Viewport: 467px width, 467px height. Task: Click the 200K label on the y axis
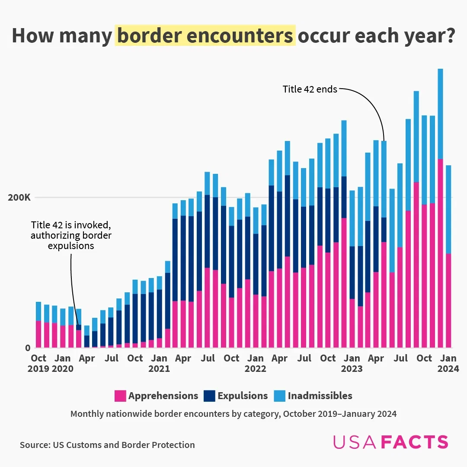point(20,198)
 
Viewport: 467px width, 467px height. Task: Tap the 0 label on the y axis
point(27,348)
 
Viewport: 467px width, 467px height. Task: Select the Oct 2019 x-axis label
point(38,363)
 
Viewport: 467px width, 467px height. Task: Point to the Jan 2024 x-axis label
point(448,363)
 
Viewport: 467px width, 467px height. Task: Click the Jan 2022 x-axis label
point(255,363)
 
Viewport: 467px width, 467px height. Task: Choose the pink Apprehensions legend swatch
point(120,396)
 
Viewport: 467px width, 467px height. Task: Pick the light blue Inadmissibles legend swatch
point(279,396)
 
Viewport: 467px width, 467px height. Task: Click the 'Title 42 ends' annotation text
point(310,90)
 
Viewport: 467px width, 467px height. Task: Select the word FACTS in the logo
point(416,442)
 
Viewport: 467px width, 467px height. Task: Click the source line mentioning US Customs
point(107,445)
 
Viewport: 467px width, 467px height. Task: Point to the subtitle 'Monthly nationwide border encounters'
point(233,414)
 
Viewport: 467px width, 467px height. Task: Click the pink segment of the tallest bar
point(440,253)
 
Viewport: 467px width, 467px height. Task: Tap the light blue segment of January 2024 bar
point(448,209)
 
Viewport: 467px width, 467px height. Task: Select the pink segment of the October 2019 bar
point(38,334)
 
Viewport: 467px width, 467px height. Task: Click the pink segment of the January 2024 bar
point(448,301)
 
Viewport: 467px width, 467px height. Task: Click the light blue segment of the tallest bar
point(440,114)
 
